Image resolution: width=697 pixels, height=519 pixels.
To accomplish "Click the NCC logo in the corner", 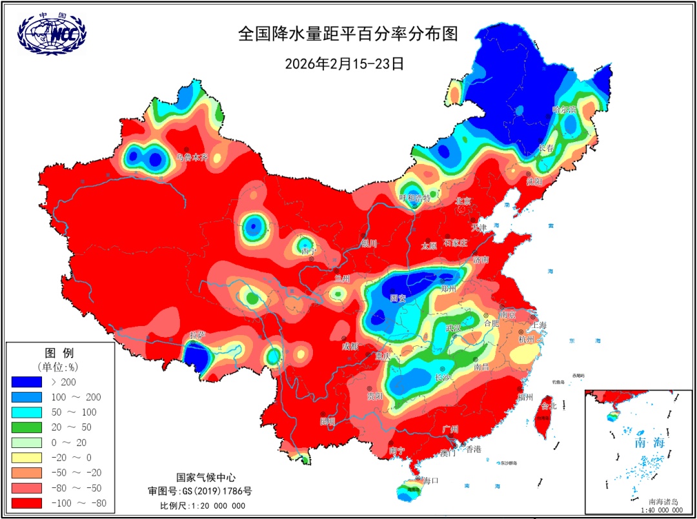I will (x=52, y=33).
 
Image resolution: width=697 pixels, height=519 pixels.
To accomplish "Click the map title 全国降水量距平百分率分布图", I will (x=348, y=34).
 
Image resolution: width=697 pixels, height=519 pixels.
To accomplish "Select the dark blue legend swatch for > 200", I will (x=26, y=382).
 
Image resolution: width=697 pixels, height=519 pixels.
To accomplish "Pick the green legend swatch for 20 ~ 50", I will (x=26, y=427).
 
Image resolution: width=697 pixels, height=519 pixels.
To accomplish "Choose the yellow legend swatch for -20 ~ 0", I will (x=26, y=458).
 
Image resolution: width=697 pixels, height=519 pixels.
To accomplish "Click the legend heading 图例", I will (x=59, y=352).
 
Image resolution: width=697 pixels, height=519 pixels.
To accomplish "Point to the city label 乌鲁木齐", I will (x=192, y=158).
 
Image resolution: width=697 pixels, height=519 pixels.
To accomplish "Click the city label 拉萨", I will (x=197, y=336).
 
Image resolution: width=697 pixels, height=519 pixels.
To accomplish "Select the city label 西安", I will (x=398, y=298).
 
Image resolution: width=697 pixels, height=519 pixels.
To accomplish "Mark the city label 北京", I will (x=463, y=201).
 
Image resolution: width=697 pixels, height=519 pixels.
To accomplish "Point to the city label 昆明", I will (x=327, y=421).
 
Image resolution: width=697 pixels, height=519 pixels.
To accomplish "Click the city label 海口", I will (x=430, y=480).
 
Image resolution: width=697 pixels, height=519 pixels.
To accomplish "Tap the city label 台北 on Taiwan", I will (x=548, y=406).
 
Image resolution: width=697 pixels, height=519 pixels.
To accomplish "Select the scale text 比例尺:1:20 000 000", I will (x=202, y=505).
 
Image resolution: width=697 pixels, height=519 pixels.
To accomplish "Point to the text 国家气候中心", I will (x=202, y=478).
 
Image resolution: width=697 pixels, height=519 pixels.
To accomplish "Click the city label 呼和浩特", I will (x=414, y=198).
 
